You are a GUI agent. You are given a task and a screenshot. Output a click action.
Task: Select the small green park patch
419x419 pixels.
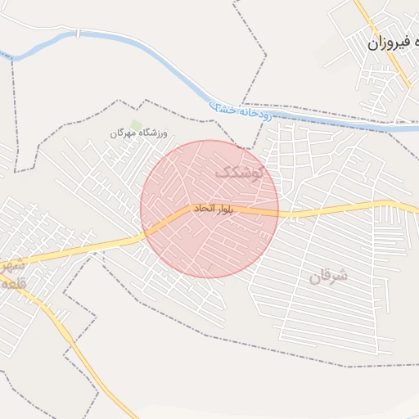tap(137, 124)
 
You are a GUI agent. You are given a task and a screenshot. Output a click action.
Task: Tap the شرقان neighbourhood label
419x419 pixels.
tap(328, 276)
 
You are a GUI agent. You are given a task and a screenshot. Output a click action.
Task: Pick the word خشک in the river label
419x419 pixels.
tap(223, 107)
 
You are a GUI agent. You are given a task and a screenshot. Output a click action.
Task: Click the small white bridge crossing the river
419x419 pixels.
tap(79, 34)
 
